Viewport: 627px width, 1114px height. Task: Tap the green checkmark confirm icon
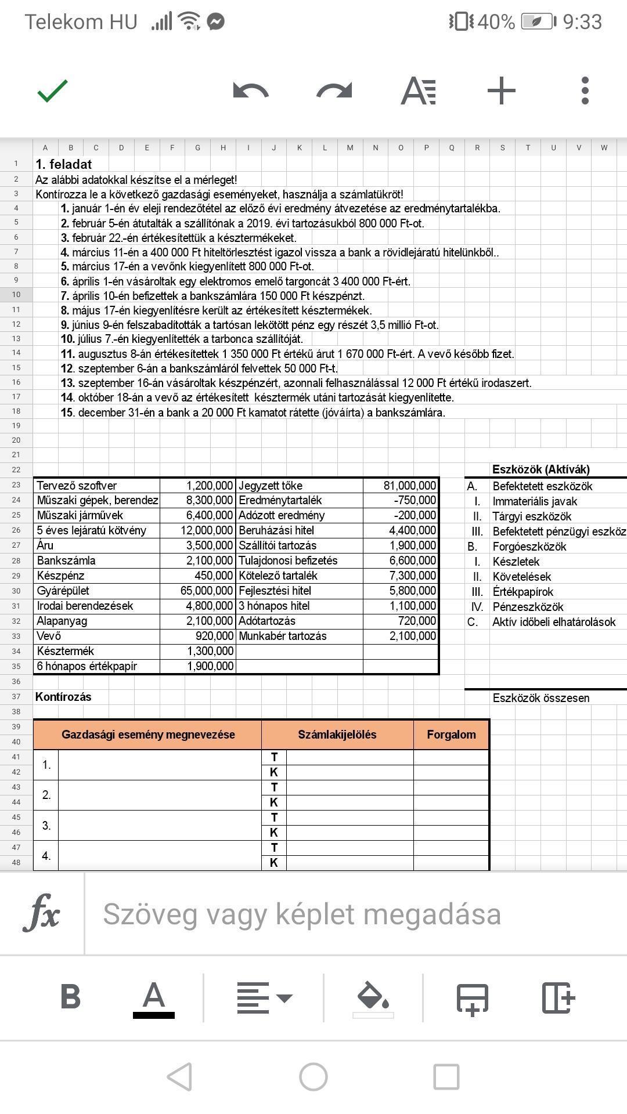click(x=52, y=91)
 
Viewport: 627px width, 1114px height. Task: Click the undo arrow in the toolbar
click(x=251, y=91)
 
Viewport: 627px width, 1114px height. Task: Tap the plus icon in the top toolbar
click(x=502, y=91)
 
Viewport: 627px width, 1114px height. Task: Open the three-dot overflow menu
click(x=585, y=91)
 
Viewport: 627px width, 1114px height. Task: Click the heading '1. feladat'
click(x=64, y=164)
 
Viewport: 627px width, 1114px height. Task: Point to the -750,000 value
click(x=415, y=500)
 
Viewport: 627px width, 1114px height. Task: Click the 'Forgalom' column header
click(x=451, y=735)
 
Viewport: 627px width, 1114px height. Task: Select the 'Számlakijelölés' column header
click(x=337, y=735)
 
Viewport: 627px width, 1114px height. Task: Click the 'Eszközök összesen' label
click(x=540, y=698)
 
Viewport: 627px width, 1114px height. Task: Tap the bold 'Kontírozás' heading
click(x=63, y=697)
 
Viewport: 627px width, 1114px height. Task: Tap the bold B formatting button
click(x=70, y=997)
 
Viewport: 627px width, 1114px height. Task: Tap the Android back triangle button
click(x=179, y=1077)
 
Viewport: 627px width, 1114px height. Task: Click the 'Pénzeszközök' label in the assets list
click(x=528, y=607)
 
